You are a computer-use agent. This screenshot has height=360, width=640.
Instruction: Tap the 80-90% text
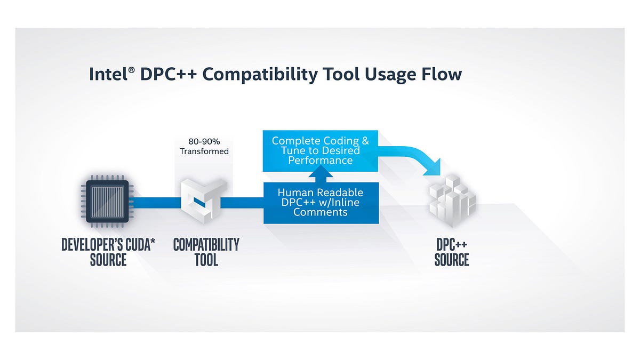click(204, 142)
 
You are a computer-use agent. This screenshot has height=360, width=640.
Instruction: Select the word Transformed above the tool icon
click(204, 151)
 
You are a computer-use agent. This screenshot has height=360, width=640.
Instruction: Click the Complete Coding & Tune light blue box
click(320, 150)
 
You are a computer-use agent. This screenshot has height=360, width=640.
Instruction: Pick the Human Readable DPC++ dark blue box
click(321, 203)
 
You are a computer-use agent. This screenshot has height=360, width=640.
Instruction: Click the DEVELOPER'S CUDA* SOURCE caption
click(108, 252)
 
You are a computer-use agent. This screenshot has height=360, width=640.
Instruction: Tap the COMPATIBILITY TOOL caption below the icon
click(206, 252)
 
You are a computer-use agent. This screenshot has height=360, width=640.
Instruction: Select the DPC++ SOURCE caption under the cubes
click(452, 252)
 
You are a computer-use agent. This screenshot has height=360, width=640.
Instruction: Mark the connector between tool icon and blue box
click(243, 203)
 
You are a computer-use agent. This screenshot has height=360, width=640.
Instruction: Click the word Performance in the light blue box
click(320, 160)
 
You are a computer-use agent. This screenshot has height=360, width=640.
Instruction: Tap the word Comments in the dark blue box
click(321, 212)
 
